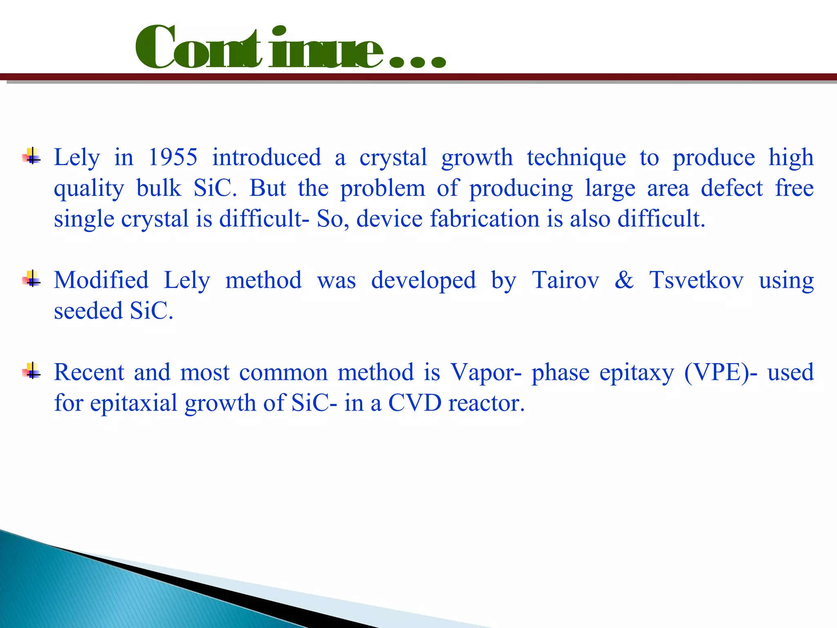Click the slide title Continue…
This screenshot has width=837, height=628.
[290, 48]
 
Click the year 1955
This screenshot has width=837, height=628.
[172, 157]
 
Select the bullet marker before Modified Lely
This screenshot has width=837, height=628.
[31, 280]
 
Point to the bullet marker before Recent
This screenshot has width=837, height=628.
[31, 372]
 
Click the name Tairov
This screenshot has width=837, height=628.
[565, 280]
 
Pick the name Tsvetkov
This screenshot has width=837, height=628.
[696, 280]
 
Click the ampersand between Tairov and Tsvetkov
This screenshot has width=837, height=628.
[624, 280]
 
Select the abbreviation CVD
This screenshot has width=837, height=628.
[415, 403]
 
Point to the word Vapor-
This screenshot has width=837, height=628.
[486, 373]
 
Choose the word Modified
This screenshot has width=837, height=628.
[101, 280]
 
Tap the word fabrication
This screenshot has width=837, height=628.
[484, 219]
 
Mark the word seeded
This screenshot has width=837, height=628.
[88, 311]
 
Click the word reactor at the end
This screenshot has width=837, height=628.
[486, 404]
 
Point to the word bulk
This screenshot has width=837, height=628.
[159, 188]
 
